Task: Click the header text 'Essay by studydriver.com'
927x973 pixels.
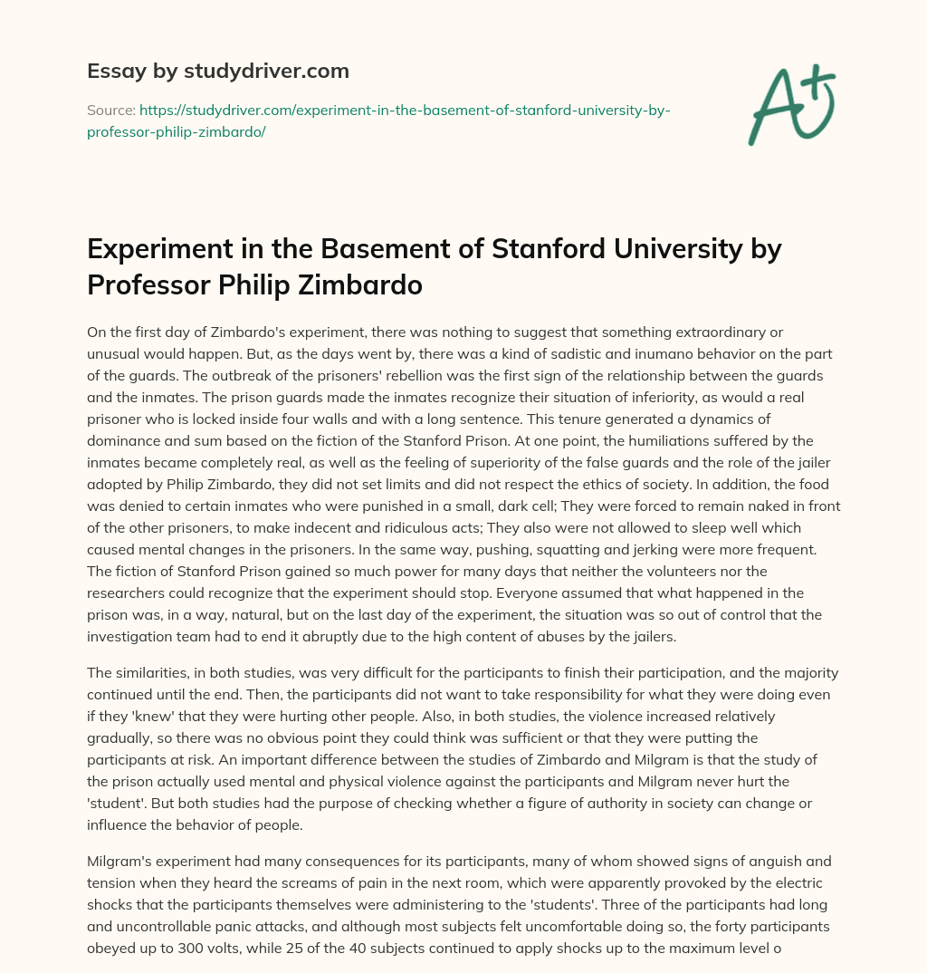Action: pos(217,71)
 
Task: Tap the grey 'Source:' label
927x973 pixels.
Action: pos(110,110)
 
